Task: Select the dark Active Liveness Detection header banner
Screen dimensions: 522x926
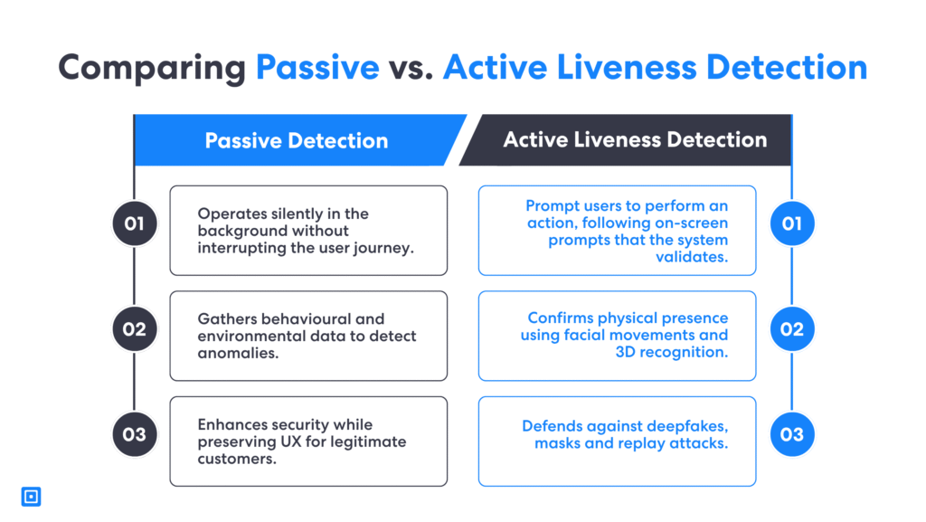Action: (x=634, y=139)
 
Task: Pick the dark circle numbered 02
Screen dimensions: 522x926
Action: (x=134, y=329)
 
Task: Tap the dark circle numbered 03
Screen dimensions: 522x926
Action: (x=134, y=434)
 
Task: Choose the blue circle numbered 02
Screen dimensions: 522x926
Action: (x=791, y=329)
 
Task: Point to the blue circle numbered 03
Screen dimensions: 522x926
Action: (x=791, y=434)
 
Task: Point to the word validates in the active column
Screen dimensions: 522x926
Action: (x=691, y=257)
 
